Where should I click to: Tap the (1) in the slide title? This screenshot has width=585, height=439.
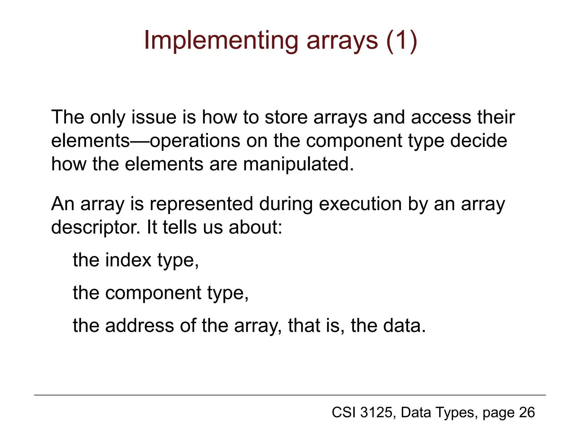click(x=401, y=41)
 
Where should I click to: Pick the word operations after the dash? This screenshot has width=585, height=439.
click(x=195, y=141)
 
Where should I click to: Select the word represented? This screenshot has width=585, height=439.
click(x=201, y=204)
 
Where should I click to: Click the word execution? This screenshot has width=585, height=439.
click(x=360, y=204)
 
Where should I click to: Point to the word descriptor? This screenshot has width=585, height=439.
click(x=96, y=228)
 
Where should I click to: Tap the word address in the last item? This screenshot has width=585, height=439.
click(x=139, y=326)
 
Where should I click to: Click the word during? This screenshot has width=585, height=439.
click(x=286, y=204)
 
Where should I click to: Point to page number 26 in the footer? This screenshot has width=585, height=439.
click(x=527, y=413)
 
